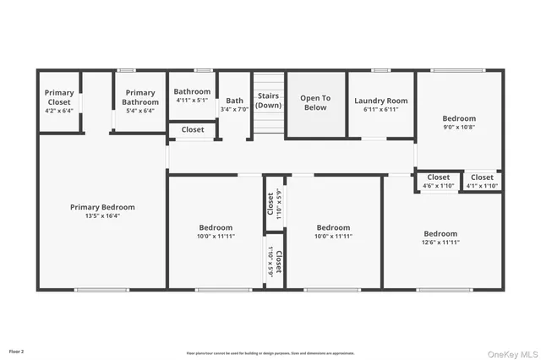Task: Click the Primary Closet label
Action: click(x=59, y=97)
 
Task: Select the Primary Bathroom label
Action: click(x=140, y=97)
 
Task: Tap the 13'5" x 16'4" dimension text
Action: click(x=101, y=215)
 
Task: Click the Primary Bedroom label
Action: click(x=101, y=207)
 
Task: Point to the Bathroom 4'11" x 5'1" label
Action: click(x=192, y=95)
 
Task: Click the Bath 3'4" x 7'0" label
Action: click(x=234, y=105)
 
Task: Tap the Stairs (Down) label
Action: click(x=268, y=101)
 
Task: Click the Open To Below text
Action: click(x=314, y=102)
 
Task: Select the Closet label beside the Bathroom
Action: click(x=193, y=130)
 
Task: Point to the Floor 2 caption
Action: click(x=17, y=350)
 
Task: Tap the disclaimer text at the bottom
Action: click(x=270, y=353)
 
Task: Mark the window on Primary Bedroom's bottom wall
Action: click(x=101, y=290)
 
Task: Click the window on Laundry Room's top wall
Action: click(x=380, y=69)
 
